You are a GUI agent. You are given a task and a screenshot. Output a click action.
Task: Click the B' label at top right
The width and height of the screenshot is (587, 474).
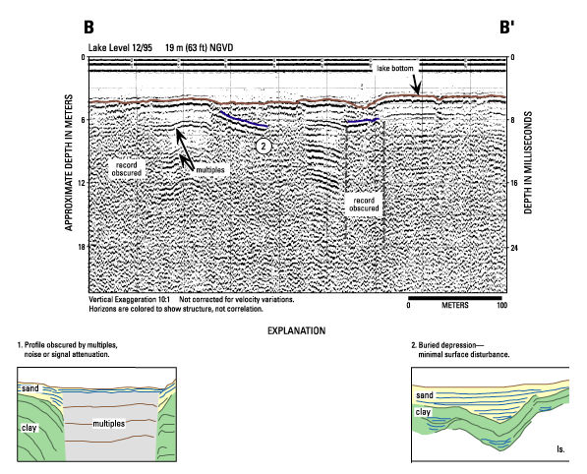pyautogui.click(x=507, y=28)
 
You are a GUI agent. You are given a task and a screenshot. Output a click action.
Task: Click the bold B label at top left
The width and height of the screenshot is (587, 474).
pyautogui.click(x=88, y=28)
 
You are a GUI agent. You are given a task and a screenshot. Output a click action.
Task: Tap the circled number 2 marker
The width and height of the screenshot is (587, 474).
pyautogui.click(x=264, y=146)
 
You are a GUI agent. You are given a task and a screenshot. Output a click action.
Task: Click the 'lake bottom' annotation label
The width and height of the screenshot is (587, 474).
pyautogui.click(x=395, y=68)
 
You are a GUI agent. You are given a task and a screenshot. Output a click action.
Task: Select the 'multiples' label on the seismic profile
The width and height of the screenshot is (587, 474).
pyautogui.click(x=210, y=169)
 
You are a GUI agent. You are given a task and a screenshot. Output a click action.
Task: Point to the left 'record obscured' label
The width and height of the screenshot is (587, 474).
pyautogui.click(x=127, y=169)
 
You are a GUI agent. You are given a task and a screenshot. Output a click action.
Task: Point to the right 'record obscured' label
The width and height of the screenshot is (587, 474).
pyautogui.click(x=364, y=205)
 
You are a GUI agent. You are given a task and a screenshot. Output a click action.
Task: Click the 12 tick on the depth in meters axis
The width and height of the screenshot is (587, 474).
pyautogui.click(x=81, y=183)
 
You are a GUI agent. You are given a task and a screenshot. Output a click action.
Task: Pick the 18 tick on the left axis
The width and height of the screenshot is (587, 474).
pyautogui.click(x=81, y=247)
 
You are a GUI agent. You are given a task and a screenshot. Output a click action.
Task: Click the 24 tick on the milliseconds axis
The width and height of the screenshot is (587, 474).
pyautogui.click(x=514, y=248)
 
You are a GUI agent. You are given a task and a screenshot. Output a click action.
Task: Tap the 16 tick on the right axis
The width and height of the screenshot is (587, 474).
pyautogui.click(x=514, y=183)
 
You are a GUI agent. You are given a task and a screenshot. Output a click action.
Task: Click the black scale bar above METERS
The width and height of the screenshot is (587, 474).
pyautogui.click(x=455, y=298)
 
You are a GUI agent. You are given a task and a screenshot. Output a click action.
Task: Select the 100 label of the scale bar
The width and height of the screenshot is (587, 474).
pyautogui.click(x=502, y=305)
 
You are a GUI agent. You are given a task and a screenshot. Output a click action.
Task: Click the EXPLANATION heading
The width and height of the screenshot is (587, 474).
pyautogui.click(x=297, y=331)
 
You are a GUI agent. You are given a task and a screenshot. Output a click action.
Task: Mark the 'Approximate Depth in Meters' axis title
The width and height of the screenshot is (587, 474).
pyautogui.click(x=69, y=162)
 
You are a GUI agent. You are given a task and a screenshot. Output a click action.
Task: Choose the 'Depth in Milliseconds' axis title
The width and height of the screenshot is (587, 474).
pyautogui.click(x=528, y=162)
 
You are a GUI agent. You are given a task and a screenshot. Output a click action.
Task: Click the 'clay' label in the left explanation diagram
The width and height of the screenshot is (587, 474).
pyautogui.click(x=29, y=428)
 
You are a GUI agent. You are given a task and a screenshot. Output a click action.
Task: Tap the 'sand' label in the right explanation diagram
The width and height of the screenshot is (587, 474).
pyautogui.click(x=425, y=395)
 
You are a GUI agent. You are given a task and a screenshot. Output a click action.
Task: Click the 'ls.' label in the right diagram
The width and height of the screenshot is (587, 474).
pyautogui.click(x=560, y=448)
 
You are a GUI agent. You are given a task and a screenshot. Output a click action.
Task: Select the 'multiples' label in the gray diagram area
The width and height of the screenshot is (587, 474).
pyautogui.click(x=108, y=424)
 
